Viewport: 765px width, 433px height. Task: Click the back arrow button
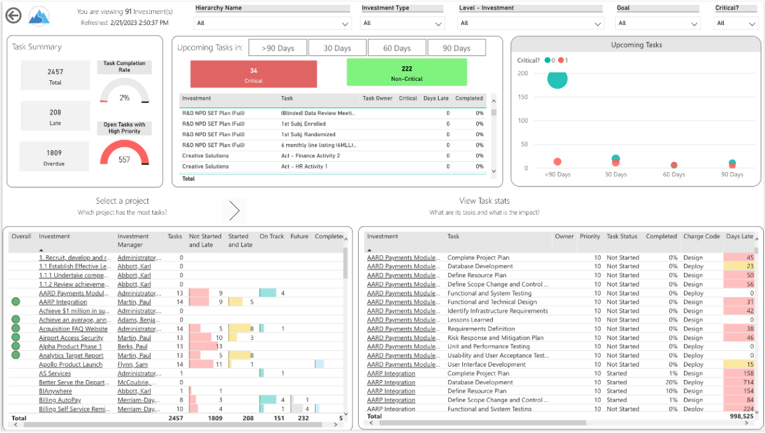[x=13, y=16]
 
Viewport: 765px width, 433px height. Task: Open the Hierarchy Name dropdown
[x=273, y=24]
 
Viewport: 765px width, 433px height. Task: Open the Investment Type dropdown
[x=403, y=24]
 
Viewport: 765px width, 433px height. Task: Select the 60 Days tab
[x=397, y=48]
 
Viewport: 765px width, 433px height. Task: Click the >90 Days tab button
[x=277, y=48]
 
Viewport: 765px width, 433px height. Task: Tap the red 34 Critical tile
[x=253, y=74]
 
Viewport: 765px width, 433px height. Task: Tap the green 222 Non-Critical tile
[x=407, y=73]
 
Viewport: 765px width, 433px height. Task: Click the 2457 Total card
[x=55, y=76]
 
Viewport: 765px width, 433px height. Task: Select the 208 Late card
[x=55, y=117]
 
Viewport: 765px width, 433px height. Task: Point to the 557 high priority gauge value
[x=124, y=160]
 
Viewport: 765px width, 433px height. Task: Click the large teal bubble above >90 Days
[x=557, y=80]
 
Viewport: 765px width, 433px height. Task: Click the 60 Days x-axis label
[x=674, y=174]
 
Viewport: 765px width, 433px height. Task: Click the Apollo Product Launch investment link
[x=70, y=365]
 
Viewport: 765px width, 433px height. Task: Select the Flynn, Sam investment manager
[x=133, y=365]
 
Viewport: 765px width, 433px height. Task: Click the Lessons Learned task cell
[x=470, y=320]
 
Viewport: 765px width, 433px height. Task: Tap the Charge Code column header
[x=701, y=236]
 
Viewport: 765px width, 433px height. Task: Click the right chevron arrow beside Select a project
[x=234, y=210]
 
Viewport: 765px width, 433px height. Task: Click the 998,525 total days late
[x=738, y=416]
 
